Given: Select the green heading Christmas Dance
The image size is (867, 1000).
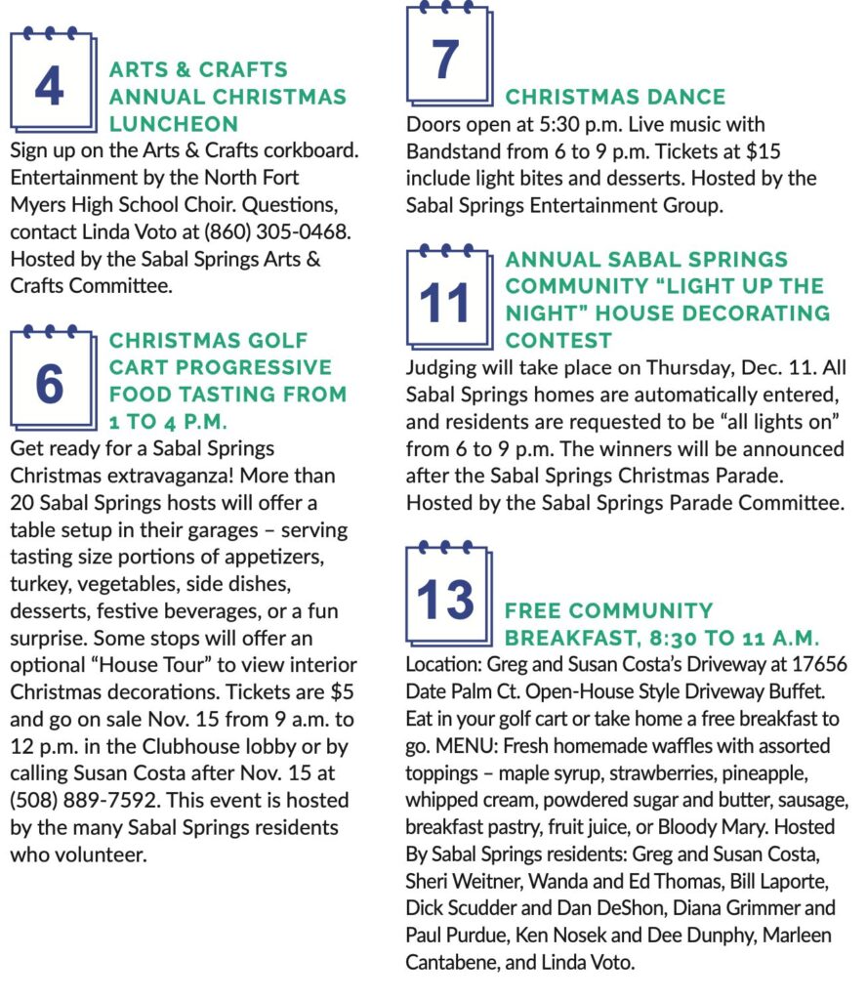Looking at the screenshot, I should (615, 97).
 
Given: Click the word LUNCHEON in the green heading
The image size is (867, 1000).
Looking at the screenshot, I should (174, 124).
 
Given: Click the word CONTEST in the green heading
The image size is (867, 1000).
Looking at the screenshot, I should (558, 341).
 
